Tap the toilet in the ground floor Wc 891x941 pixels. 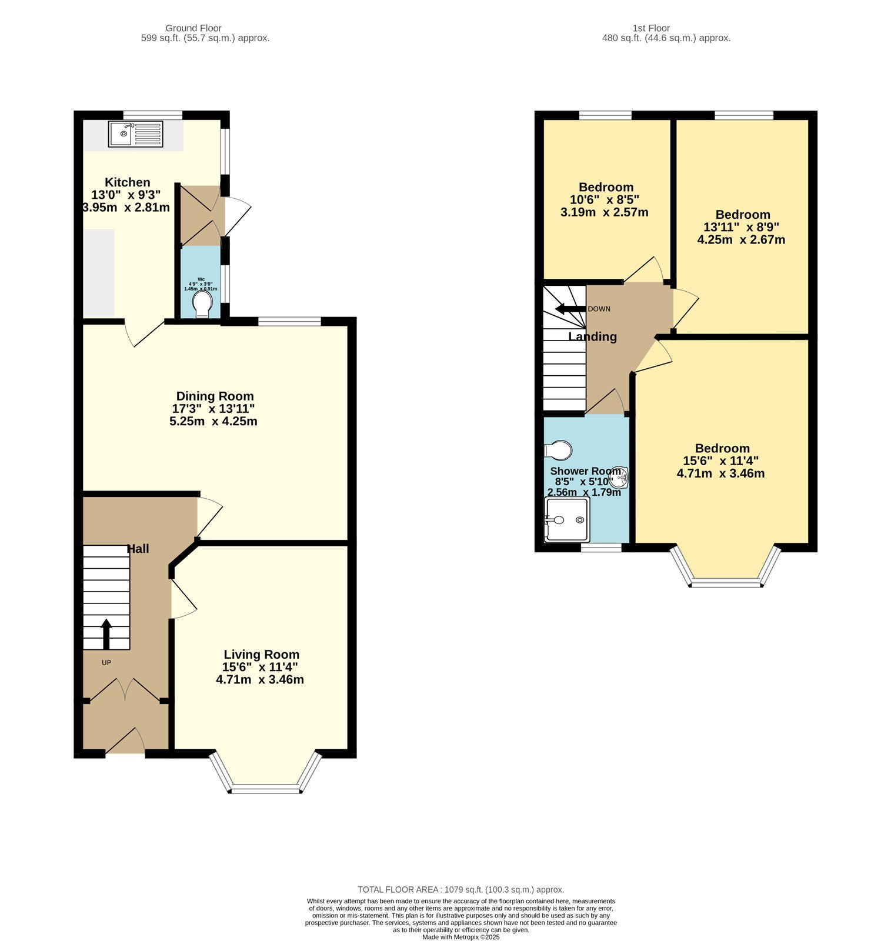(x=202, y=303)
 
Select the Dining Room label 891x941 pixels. (x=215, y=396)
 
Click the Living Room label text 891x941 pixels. (x=261, y=655)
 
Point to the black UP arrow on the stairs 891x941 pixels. (x=106, y=633)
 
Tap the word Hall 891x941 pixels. (x=138, y=549)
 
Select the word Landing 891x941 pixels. (x=592, y=336)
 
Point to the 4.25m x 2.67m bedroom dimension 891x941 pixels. (x=741, y=240)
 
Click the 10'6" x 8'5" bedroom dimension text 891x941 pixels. (x=604, y=200)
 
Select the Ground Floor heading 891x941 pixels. (x=193, y=28)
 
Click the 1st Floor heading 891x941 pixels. (x=651, y=28)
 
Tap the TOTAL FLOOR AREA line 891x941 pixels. (x=460, y=890)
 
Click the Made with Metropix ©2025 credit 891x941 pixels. (x=460, y=937)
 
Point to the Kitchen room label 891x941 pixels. (x=127, y=182)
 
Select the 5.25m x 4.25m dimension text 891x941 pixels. (x=213, y=421)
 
